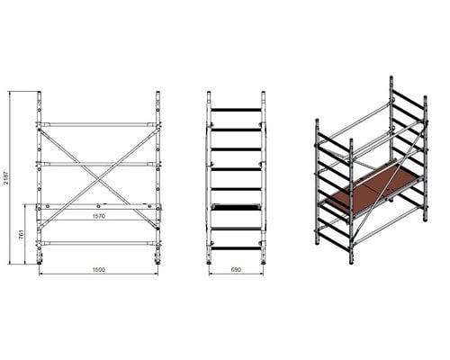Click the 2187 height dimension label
coord(7,177)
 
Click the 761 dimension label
coord(21,234)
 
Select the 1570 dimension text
coord(99,216)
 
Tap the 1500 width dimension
coord(99,270)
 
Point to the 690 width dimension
coord(236,269)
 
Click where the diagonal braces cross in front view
coord(99,179)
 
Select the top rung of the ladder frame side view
coord(236,110)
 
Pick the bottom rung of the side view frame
coord(236,248)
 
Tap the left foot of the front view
coord(40,262)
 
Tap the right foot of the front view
coord(157,262)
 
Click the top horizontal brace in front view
coord(99,124)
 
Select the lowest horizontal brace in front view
coord(99,243)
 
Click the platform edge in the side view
coord(236,207)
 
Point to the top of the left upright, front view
coord(40,93)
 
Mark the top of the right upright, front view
coord(157,93)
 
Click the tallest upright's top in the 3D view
coord(391,77)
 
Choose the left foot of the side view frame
coord(209,263)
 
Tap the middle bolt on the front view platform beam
coord(99,206)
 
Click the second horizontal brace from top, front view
coord(99,164)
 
